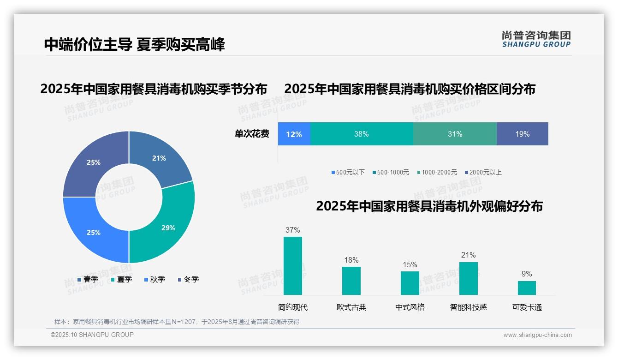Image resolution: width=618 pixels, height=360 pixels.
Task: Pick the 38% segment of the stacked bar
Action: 362,134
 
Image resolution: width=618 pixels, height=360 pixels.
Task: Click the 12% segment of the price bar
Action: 294,134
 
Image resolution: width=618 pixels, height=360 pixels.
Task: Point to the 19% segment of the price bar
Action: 522,134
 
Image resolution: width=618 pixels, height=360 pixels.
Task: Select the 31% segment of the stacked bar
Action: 455,134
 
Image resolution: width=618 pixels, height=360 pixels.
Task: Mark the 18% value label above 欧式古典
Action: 351,260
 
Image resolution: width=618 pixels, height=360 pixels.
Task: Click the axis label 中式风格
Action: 410,307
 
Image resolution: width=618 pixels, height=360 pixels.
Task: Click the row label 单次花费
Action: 252,134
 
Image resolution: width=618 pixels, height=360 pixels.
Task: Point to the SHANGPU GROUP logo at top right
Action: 536,39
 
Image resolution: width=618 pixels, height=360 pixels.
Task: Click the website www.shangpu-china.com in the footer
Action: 537,335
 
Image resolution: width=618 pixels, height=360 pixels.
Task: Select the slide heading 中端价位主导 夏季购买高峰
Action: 134,45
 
